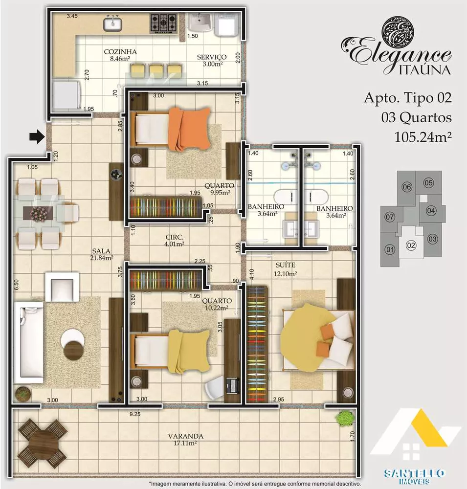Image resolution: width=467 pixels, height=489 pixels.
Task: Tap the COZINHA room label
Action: pos(120,55)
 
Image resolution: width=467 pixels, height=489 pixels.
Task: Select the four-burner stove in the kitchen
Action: pos(164,22)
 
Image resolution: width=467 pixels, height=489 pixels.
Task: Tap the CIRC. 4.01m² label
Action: pos(174,241)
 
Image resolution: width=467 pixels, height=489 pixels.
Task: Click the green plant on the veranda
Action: pos(345,417)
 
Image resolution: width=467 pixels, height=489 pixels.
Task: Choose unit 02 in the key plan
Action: pos(411,245)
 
